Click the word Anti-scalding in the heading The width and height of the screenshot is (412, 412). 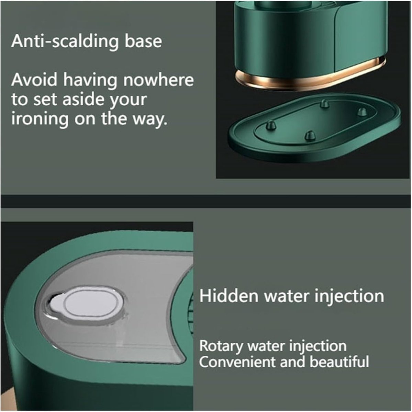coord(65,42)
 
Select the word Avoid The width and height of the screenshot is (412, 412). coord(34,80)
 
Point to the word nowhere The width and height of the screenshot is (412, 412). coord(158,80)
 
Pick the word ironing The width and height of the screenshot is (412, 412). coord(40,119)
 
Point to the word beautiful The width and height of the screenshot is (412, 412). coord(339,362)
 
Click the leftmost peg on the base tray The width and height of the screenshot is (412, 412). coord(271,125)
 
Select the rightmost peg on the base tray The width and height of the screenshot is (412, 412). coord(363,112)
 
